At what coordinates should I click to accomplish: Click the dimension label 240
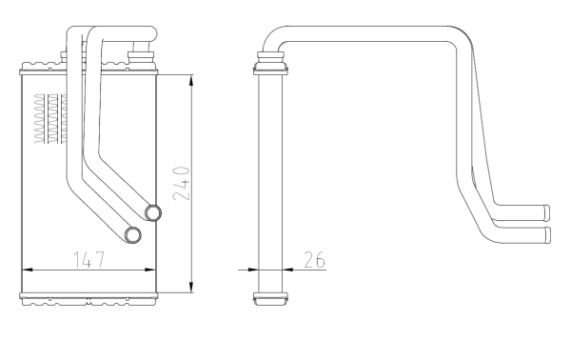tap(182, 183)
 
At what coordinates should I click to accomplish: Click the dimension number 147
tap(89, 259)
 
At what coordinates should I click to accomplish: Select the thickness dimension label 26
tap(314, 259)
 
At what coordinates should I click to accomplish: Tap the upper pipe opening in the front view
tap(153, 212)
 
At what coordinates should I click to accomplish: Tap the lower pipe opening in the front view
tap(132, 235)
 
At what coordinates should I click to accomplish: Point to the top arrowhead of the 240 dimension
tap(191, 80)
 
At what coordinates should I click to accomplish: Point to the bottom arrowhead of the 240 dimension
tap(191, 287)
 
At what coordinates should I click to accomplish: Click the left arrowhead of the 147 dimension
tap(28, 270)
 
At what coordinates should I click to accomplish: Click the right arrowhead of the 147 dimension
tap(150, 270)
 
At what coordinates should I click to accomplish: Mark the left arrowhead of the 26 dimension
tap(253, 270)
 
